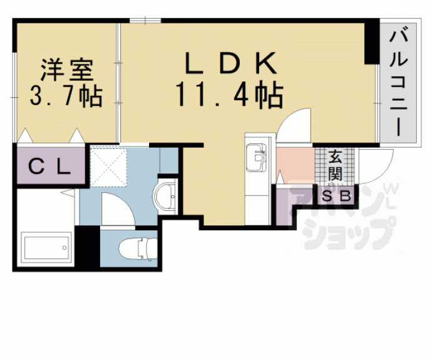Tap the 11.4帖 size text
click(x=229, y=96)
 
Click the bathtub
click(x=46, y=250)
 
